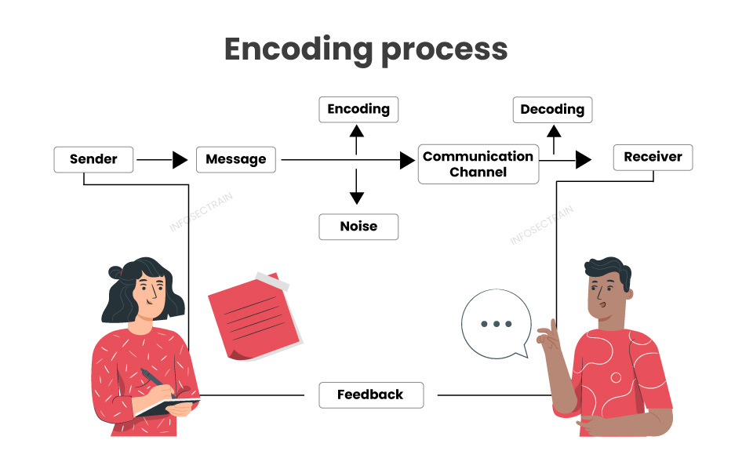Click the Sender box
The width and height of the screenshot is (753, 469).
pyautogui.click(x=93, y=159)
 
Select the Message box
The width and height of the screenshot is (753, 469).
pyautogui.click(x=236, y=159)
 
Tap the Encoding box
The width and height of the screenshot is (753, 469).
pyautogui.click(x=358, y=109)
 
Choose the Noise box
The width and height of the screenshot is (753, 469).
pyautogui.click(x=358, y=226)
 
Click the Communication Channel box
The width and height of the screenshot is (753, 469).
pyautogui.click(x=478, y=164)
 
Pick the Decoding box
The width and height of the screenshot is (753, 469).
pyautogui.click(x=552, y=109)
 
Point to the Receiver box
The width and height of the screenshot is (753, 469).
pyautogui.click(x=653, y=157)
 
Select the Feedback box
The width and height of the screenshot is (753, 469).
pyautogui.click(x=370, y=394)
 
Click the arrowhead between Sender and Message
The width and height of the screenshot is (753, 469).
pyautogui.click(x=180, y=160)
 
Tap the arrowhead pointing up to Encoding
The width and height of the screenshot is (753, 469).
pyautogui.click(x=357, y=130)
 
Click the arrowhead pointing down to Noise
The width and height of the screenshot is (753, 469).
pyautogui.click(x=357, y=198)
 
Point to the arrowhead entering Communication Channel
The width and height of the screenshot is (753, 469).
pyautogui.click(x=407, y=160)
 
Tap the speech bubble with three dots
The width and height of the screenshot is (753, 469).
pyautogui.click(x=497, y=324)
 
